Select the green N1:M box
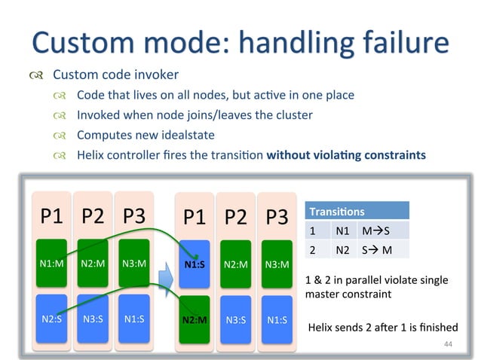(51, 264)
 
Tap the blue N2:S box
(51, 319)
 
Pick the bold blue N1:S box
(195, 264)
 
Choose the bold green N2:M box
(195, 319)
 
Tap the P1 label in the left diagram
(51, 217)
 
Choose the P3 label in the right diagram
(277, 217)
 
